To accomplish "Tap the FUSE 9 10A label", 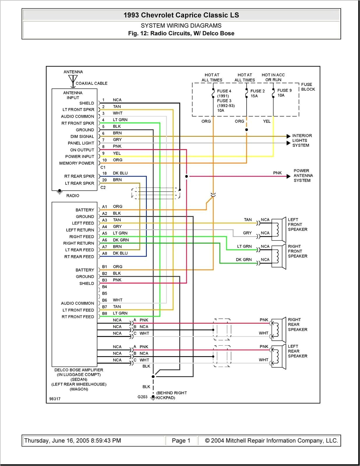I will pos(284,93).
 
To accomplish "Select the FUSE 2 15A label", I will pos(257,93).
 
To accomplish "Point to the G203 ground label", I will pos(142,397).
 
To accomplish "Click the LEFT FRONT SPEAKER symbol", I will pos(278,229).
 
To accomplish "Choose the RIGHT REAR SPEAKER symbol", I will pos(278,329).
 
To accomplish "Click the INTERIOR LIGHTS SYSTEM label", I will pos(302,140).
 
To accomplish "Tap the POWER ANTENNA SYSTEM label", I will pos(303,176).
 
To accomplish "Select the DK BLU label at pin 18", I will pos(120,173).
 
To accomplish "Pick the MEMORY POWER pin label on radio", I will pos(77,163).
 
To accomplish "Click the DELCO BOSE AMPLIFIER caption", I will pos(79,370).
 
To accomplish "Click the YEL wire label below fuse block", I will pos(267,121).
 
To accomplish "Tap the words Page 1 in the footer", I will pos(181,441).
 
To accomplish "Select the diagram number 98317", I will pos(55,399).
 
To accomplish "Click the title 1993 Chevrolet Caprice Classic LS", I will pos(181,15).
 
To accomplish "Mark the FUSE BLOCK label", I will pos(308,87).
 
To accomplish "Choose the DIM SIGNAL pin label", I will pos(82,136).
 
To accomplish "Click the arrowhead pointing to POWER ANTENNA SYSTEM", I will pos(288,176).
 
